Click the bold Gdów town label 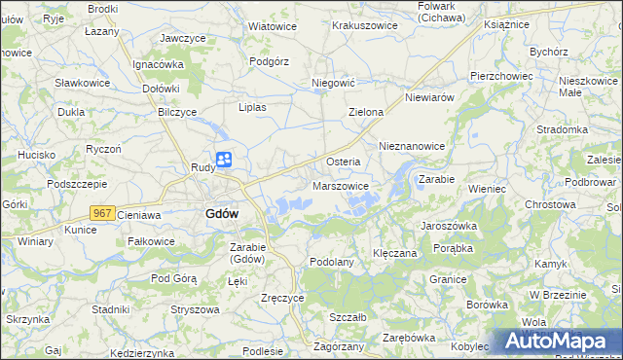tap(223, 213)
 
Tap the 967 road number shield tap(103, 211)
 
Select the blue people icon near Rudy tap(224, 160)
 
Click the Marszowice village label tap(341, 186)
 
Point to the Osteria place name tap(344, 161)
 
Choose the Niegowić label tap(331, 84)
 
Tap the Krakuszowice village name tap(365, 25)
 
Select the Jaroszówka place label tap(448, 224)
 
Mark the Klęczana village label tap(395, 253)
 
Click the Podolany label tap(330, 263)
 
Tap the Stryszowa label tap(194, 309)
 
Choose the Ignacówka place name tap(159, 64)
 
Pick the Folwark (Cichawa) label tap(451, 12)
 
